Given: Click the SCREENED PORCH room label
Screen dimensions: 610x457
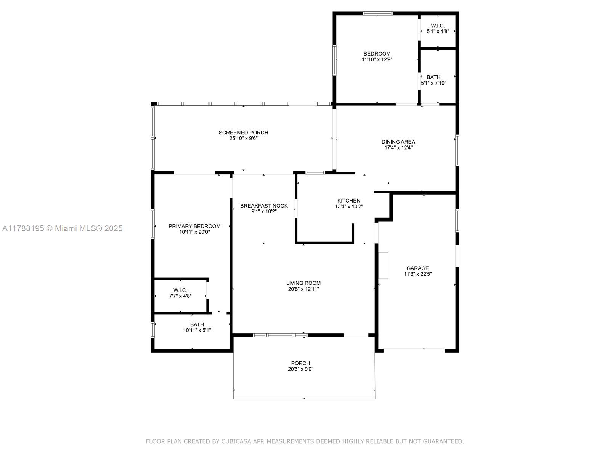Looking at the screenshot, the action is [x=243, y=133].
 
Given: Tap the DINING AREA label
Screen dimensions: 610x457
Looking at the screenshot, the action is [x=398, y=142].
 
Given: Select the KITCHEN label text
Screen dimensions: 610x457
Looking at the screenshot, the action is [x=348, y=201].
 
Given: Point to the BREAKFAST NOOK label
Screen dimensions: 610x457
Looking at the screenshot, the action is [x=264, y=206].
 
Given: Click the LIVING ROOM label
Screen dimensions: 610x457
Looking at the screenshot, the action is [x=303, y=283].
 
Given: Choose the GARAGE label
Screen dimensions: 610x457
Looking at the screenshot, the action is [x=417, y=268].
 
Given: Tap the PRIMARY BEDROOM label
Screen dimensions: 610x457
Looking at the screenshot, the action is [x=194, y=226].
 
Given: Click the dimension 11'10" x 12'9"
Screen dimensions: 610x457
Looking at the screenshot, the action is [x=377, y=59].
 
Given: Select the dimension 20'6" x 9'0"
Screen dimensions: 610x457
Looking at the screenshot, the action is [x=300, y=369].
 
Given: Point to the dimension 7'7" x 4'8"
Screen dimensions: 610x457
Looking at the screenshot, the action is [x=180, y=296].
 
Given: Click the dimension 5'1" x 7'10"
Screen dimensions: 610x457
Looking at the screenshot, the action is [x=433, y=83].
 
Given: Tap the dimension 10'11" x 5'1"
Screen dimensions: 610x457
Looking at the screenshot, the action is [x=197, y=330].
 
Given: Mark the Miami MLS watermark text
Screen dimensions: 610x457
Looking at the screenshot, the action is [x=62, y=228].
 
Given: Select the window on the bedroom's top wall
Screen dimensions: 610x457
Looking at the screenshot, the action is [x=377, y=13].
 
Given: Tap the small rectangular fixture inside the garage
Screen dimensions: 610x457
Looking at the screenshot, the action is [x=383, y=265].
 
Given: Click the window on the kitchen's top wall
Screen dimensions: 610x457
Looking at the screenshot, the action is [x=315, y=173].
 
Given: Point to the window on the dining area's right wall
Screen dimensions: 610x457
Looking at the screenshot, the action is [x=457, y=150].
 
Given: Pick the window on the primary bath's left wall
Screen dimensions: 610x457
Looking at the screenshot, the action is [x=152, y=330].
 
